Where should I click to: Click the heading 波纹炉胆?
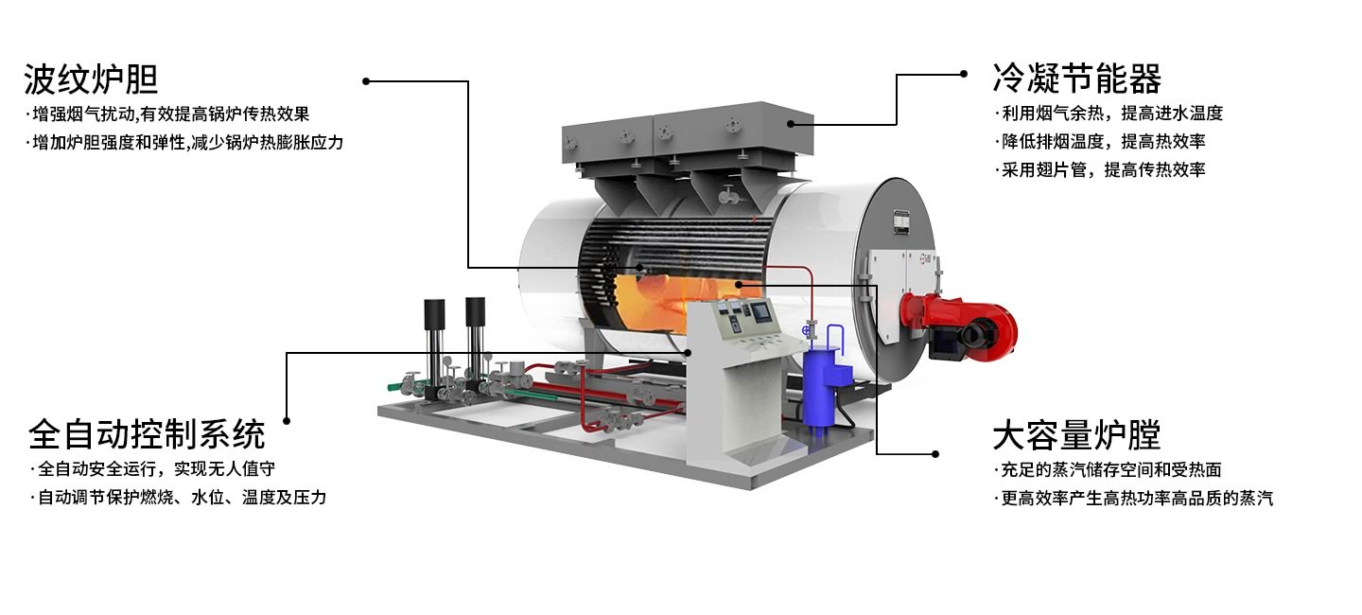click(x=91, y=79)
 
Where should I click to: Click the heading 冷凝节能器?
click(x=1076, y=79)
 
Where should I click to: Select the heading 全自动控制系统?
click(x=147, y=434)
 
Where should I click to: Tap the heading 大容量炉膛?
click(x=1076, y=434)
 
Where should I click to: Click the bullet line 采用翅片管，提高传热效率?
click(x=1100, y=169)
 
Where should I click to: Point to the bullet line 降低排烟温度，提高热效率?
click(x=1100, y=142)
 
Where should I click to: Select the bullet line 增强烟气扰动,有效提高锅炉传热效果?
click(x=167, y=114)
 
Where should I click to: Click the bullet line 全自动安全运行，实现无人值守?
click(x=152, y=469)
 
